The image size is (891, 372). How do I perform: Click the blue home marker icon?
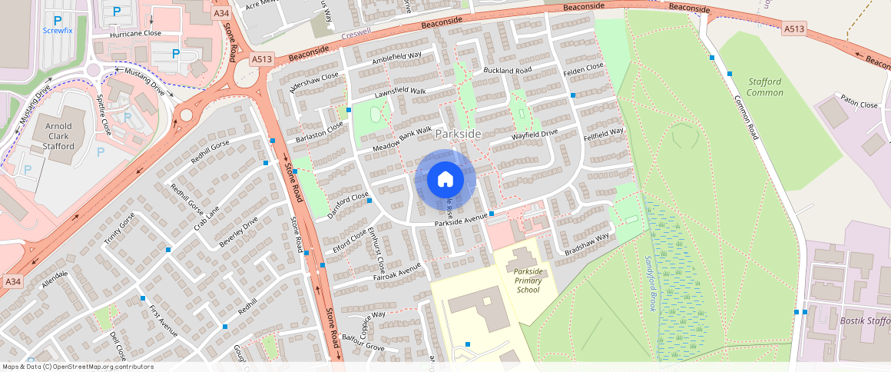pyautogui.click(x=445, y=180)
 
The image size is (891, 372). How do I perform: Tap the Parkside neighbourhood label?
pyautogui.click(x=459, y=134)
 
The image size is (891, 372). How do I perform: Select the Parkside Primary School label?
pyautogui.click(x=528, y=281)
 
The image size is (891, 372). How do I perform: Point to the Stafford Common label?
pyautogui.click(x=765, y=87)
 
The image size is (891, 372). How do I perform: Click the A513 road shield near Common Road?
pyautogui.click(x=794, y=29)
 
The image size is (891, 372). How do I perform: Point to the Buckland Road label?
pyautogui.click(x=508, y=71)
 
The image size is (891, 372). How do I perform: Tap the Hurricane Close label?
pyautogui.click(x=136, y=34)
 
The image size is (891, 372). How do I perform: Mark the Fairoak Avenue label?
pyautogui.click(x=397, y=271)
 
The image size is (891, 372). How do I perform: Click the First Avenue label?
pyautogui.click(x=163, y=321)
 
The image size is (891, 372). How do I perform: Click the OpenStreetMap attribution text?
pyautogui.click(x=78, y=367)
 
